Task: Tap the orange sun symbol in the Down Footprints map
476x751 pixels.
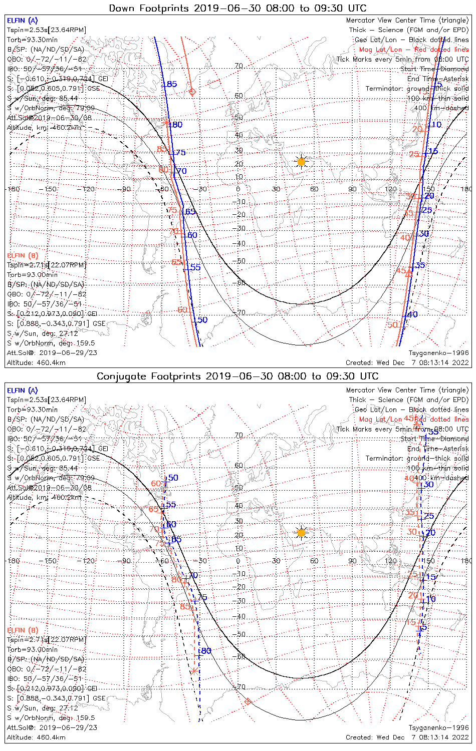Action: pyautogui.click(x=301, y=161)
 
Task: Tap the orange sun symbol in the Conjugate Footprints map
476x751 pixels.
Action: pyautogui.click(x=301, y=532)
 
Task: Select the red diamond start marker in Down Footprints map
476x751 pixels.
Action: pyautogui.click(x=192, y=92)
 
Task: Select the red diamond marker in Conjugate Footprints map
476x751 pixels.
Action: pyautogui.click(x=247, y=701)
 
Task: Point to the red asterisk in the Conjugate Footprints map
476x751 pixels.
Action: pyautogui.click(x=194, y=670)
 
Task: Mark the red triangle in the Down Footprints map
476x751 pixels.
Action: pyautogui.click(x=408, y=273)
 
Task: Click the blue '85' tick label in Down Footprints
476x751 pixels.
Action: pyautogui.click(x=172, y=84)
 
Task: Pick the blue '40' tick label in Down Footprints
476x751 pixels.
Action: pyautogui.click(x=412, y=314)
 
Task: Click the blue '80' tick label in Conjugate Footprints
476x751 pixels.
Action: pyautogui.click(x=206, y=651)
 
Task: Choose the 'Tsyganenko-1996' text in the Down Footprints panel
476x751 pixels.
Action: pyautogui.click(x=439, y=353)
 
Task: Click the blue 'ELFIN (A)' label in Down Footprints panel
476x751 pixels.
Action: pyautogui.click(x=22, y=21)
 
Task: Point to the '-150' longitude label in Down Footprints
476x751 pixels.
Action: pyautogui.click(x=50, y=189)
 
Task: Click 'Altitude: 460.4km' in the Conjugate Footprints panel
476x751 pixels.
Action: pyautogui.click(x=36, y=737)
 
